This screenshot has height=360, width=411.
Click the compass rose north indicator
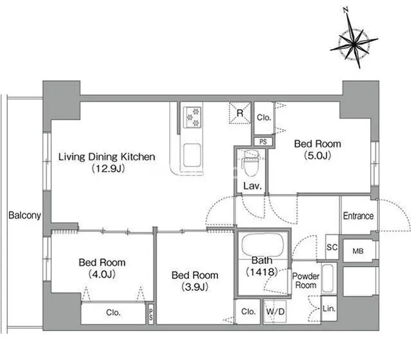click(354, 39)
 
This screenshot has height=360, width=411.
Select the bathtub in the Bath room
click(263, 246)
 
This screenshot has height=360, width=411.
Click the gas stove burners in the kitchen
click(193, 117)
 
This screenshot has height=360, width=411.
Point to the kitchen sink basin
click(192, 155)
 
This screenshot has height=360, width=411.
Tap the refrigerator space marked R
click(240, 113)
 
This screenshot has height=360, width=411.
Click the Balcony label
click(25, 215)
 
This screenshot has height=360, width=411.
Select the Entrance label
click(358, 216)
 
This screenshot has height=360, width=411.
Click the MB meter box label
click(358, 251)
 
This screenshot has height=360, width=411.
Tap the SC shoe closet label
click(332, 247)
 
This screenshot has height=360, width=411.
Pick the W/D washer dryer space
click(275, 312)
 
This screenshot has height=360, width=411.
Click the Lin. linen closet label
click(329, 308)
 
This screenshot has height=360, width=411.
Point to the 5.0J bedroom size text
click(317, 155)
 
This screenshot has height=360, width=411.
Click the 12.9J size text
click(108, 168)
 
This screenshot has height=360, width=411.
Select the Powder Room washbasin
click(328, 278)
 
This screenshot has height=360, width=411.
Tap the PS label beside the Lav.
click(263, 142)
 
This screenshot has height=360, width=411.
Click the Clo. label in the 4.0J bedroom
click(114, 312)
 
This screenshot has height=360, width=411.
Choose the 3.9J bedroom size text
click(195, 287)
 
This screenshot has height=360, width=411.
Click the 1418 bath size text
click(261, 272)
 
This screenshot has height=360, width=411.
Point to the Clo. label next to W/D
click(248, 312)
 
